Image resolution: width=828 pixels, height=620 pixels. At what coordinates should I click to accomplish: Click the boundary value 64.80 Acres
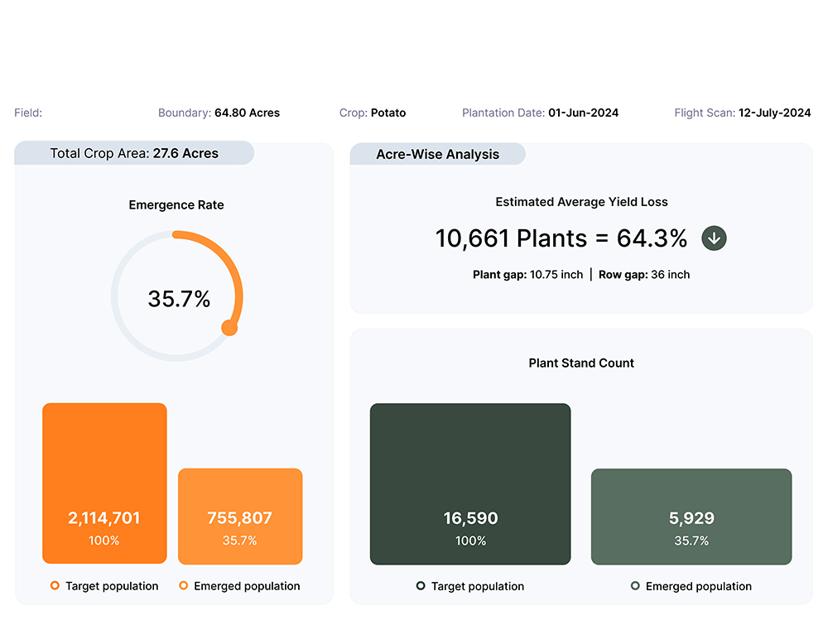coord(247,113)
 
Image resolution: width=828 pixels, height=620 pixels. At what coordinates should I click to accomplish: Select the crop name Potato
coord(388,113)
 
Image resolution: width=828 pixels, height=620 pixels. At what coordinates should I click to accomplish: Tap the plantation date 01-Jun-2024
coord(583,113)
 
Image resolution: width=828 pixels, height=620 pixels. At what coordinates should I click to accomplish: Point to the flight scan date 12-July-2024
coord(774,113)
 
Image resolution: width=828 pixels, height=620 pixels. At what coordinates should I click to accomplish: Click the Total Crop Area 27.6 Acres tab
coord(134,153)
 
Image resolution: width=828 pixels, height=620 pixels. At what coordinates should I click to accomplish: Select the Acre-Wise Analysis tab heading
coord(437,154)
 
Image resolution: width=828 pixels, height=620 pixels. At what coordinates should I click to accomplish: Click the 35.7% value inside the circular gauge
coord(179,299)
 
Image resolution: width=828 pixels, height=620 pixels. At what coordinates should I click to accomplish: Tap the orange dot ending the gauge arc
coord(229,328)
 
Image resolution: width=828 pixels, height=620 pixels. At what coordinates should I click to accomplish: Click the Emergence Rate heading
coord(176,205)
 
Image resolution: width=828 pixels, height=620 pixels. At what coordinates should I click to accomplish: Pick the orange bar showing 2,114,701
coord(104,483)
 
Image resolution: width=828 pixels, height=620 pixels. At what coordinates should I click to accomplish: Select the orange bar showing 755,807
coord(240,516)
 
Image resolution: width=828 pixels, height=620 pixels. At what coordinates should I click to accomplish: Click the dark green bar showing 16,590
coord(470,483)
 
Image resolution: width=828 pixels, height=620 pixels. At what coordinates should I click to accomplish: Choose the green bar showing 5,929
coord(691,517)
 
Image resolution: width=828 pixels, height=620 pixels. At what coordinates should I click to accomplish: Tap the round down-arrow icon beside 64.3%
coord(715,238)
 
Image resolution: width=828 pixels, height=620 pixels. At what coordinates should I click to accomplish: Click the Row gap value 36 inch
coord(670,275)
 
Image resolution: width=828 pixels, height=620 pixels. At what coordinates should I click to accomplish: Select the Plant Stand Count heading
coord(581,363)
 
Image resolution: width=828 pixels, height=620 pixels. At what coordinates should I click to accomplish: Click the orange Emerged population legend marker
coord(184,586)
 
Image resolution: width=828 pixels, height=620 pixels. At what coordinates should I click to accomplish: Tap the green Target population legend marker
coord(421,586)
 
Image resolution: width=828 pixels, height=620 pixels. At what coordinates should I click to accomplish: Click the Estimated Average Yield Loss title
coord(581,202)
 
